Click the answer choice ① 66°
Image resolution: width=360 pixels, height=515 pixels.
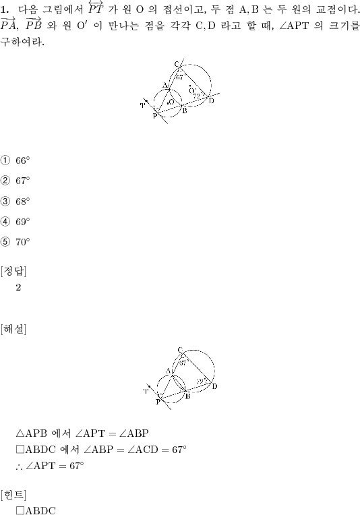(x=15, y=160)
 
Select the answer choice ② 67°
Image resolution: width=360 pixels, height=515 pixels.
(x=15, y=181)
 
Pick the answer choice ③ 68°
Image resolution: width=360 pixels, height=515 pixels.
(x=15, y=201)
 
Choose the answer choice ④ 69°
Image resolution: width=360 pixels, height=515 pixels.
(x=15, y=222)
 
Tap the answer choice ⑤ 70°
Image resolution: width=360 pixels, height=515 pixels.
(x=15, y=242)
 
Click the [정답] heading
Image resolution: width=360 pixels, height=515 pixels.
(x=13, y=271)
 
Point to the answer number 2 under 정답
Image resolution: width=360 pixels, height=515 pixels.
(x=18, y=287)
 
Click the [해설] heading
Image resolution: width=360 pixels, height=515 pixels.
(x=13, y=329)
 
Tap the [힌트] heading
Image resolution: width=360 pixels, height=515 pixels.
(x=13, y=494)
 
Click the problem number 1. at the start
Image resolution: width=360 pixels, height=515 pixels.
(x=5, y=9)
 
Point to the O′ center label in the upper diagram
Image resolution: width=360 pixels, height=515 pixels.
(x=192, y=90)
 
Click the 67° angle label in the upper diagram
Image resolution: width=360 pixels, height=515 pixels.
(x=180, y=78)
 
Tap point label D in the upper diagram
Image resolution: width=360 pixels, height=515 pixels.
(x=211, y=100)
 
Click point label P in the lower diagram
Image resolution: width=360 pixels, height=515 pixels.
(x=158, y=402)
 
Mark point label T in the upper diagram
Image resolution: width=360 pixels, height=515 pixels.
(x=142, y=105)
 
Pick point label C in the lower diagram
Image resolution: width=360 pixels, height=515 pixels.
(x=180, y=350)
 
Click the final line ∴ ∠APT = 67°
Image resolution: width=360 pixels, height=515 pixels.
(x=50, y=466)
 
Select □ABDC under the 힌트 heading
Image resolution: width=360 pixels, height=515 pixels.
(x=36, y=510)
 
